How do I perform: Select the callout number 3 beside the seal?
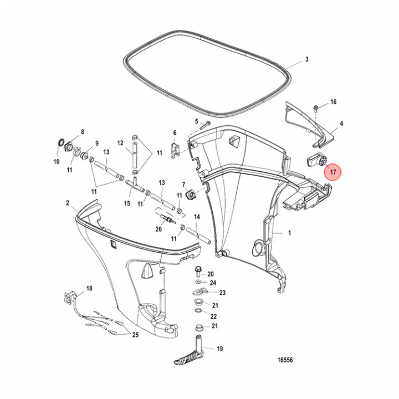[x=307, y=59]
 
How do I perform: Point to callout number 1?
[x=289, y=234]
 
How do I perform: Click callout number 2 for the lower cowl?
[x=68, y=203]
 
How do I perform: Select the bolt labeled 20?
[x=198, y=273]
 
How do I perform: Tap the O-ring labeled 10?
[x=59, y=145]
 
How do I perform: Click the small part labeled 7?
[x=190, y=195]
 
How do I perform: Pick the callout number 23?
[x=222, y=293]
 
